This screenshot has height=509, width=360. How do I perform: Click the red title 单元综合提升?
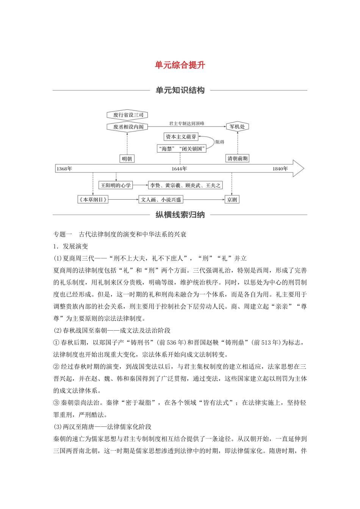(180, 65)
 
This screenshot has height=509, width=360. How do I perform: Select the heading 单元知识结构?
(180, 91)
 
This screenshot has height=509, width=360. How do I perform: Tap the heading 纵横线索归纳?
(180, 215)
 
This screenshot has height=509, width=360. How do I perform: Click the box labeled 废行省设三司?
(127, 115)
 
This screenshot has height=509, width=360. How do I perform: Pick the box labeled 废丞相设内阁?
(127, 127)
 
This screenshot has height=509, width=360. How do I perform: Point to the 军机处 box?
(237, 127)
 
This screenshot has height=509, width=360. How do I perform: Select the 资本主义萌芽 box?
(181, 137)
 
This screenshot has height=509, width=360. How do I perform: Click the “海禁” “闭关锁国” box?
(182, 149)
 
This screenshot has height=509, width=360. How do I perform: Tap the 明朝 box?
(127, 159)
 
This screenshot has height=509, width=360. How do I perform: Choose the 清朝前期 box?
(238, 159)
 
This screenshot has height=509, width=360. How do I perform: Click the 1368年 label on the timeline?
(64, 169)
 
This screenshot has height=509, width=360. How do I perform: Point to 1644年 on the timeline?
(179, 169)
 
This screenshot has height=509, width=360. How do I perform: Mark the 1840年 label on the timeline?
(280, 169)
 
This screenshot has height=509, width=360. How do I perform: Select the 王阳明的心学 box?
(116, 185)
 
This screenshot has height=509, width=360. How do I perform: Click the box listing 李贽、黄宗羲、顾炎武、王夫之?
(185, 185)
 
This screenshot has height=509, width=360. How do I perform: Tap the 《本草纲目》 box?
(93, 200)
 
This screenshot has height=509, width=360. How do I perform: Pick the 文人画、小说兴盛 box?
(161, 200)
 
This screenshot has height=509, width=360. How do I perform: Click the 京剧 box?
(232, 200)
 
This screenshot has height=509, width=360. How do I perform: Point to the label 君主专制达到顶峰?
(186, 123)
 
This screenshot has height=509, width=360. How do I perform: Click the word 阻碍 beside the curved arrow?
(220, 142)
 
